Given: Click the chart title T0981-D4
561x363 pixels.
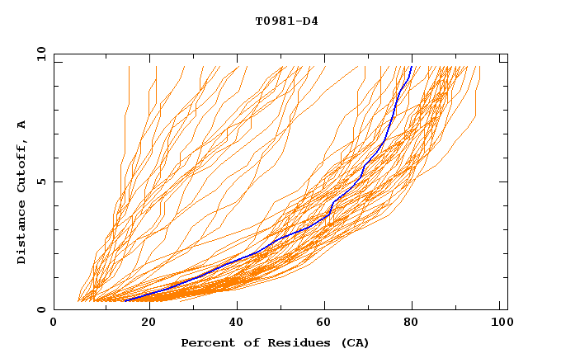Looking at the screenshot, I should (286, 21).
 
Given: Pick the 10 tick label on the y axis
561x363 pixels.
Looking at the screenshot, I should (40, 54).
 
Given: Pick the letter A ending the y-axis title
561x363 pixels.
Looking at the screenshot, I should (21, 125).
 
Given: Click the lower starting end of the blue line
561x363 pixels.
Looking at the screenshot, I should (125, 301).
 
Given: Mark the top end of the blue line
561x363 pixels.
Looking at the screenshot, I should (412, 67).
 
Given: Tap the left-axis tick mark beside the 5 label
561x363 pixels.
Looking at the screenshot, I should (56, 181).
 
